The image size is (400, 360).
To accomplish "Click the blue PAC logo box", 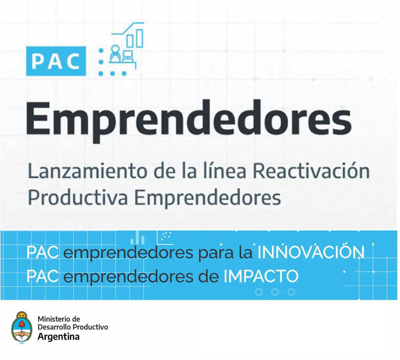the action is point(56,61).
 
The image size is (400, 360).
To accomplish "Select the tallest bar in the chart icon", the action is point(140,38).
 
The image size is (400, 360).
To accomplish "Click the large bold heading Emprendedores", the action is point(188,121).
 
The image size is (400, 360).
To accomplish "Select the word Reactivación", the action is point(311,171).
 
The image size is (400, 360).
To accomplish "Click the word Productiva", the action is point(78,198).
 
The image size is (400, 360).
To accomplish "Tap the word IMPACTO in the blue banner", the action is point(261,276).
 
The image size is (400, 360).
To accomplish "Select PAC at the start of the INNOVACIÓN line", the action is point(42,252).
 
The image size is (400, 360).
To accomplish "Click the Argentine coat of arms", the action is point(22,327).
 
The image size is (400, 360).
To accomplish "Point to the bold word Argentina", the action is point(59,337).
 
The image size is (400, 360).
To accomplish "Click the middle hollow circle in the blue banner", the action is point(275,292).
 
